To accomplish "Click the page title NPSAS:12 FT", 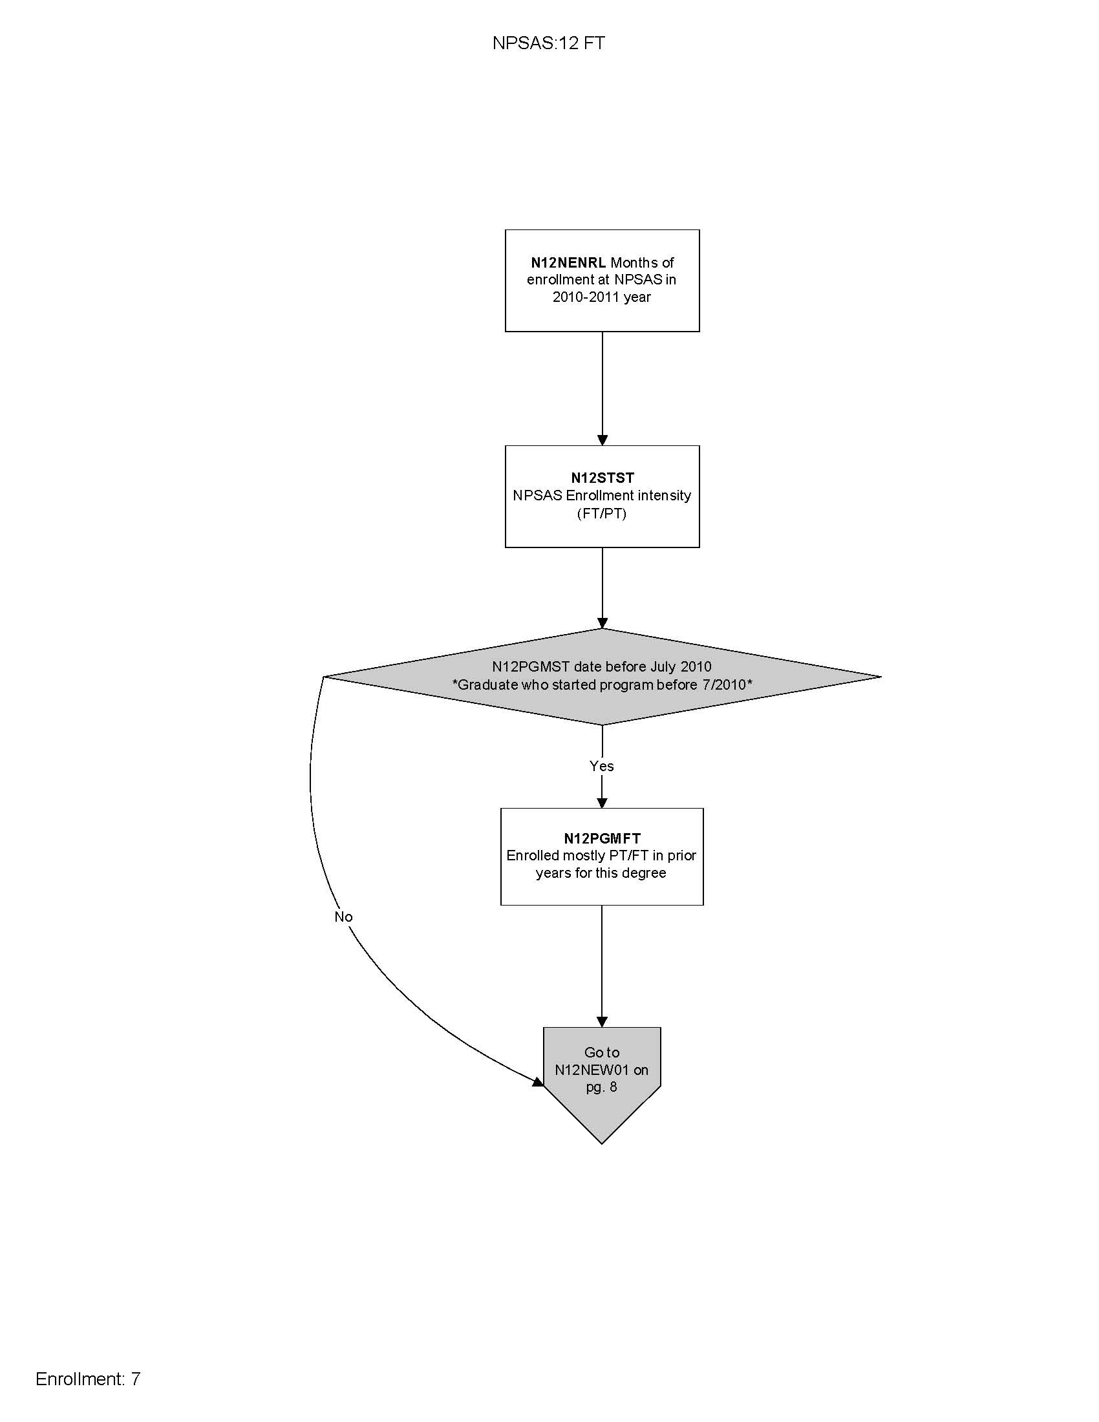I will tap(548, 43).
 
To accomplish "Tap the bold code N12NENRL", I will tap(568, 262).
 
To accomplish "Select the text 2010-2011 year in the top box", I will tap(602, 297).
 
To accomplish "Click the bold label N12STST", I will tap(603, 477).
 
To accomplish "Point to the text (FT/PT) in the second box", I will tap(602, 513).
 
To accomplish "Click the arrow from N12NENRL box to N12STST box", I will tap(603, 388).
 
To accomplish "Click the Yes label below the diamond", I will tap(602, 766).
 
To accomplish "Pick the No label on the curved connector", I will tap(343, 917).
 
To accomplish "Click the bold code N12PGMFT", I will tap(603, 838).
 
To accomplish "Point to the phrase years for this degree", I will tap(601, 873).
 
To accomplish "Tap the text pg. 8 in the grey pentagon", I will tap(602, 1087).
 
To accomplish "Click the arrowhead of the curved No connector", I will tap(538, 1082).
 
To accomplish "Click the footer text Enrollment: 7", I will tap(88, 1379).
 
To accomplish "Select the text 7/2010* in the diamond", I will tap(727, 684).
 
